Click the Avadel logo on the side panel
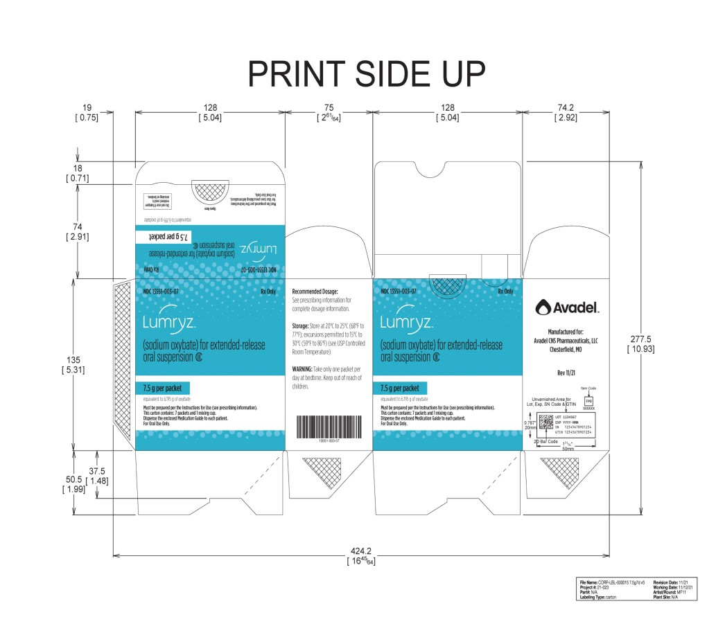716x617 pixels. point(566,305)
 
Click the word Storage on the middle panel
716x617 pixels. point(305,324)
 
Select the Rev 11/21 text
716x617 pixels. point(566,373)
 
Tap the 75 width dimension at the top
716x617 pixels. point(329,107)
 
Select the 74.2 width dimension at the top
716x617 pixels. point(566,107)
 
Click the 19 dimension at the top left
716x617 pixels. point(87,107)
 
